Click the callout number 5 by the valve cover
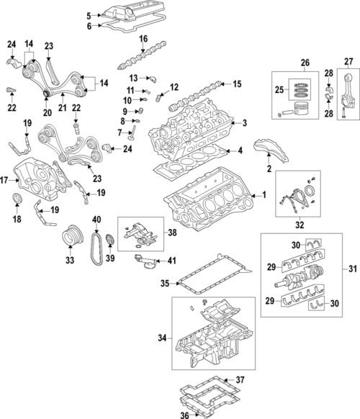[x=89, y=15]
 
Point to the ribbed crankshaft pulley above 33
[x=71, y=235]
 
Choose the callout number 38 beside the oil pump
[x=171, y=233]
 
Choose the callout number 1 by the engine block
[x=263, y=194]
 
